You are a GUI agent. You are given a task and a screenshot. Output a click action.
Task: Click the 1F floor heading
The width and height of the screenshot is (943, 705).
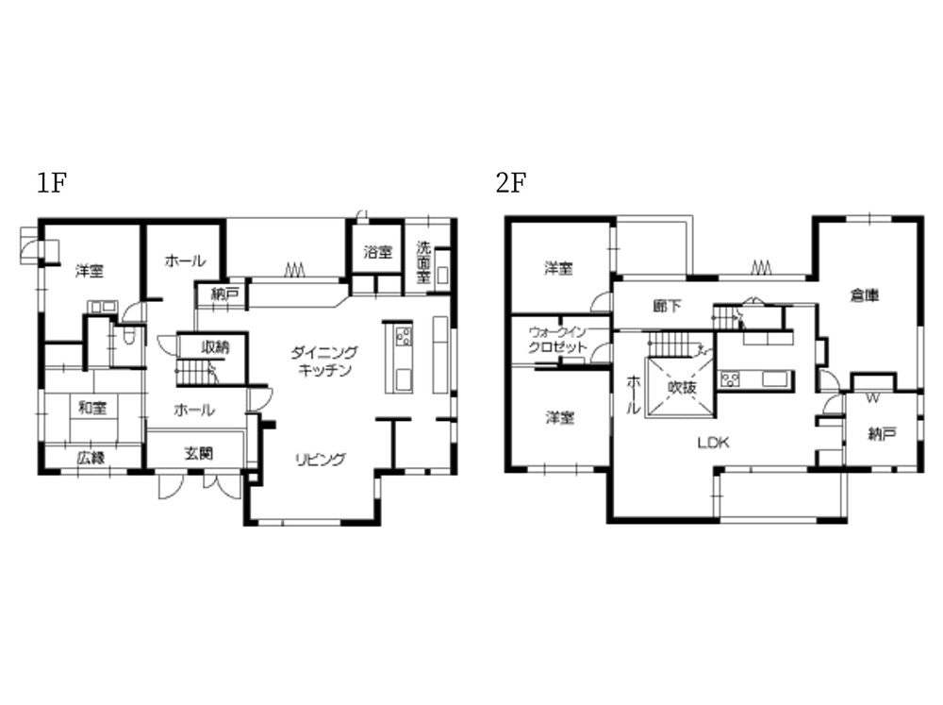[52, 182]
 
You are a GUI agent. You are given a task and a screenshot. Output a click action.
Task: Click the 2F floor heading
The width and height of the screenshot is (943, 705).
[512, 182]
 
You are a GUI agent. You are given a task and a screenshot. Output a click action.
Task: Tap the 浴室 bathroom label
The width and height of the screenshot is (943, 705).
[378, 252]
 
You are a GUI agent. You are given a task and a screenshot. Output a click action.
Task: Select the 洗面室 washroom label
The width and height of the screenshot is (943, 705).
[423, 262]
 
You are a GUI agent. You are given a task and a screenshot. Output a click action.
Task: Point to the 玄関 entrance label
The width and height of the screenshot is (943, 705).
[198, 453]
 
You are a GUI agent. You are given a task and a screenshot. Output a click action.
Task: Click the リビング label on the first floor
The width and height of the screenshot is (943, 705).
[321, 460]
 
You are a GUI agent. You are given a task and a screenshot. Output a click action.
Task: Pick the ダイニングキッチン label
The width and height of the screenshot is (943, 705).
[324, 361]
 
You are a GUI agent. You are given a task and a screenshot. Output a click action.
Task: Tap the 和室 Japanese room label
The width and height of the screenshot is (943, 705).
[92, 408]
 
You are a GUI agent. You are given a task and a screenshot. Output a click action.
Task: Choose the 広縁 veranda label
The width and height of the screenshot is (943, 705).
[91, 458]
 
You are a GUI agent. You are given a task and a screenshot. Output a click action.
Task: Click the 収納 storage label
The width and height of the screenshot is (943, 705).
[215, 346]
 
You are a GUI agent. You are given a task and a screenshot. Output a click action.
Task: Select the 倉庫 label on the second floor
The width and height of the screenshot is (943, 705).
[864, 295]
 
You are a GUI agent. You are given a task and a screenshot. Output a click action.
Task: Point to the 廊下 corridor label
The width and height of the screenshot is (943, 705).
[667, 306]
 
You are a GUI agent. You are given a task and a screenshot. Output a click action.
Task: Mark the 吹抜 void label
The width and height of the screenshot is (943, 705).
[682, 387]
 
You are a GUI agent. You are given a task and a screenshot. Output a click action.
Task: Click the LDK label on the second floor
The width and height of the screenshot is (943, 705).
[714, 443]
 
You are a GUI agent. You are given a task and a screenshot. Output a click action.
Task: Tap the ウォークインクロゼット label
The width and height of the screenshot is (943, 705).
[557, 340]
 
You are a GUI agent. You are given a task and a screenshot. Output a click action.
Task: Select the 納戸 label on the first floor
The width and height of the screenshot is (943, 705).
[225, 294]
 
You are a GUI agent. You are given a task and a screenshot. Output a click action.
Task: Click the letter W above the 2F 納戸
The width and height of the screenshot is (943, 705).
[872, 398]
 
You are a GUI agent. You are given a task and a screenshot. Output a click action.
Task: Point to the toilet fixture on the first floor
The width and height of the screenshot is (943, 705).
[128, 335]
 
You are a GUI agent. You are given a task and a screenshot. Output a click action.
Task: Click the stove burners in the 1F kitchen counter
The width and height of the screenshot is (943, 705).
[404, 335]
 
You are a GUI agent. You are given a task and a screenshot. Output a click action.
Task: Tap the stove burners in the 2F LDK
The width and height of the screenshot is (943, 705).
[730, 379]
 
